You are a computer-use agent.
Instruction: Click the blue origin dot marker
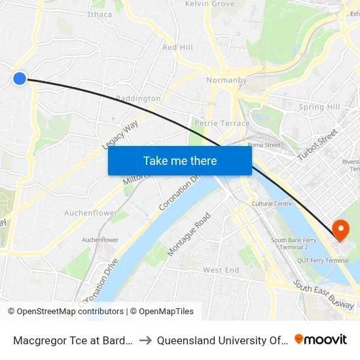click(x=20, y=79)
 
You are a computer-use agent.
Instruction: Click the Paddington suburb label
click(x=138, y=99)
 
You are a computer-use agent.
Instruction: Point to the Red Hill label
click(x=177, y=48)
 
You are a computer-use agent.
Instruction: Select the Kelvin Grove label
click(x=209, y=4)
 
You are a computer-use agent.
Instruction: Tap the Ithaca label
click(x=99, y=14)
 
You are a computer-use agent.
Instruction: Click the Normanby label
click(x=226, y=81)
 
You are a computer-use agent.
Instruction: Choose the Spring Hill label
click(x=319, y=107)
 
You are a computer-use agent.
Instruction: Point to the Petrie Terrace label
click(x=222, y=123)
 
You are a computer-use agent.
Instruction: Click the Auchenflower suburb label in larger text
click(x=91, y=213)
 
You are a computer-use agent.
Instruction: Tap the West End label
click(x=221, y=270)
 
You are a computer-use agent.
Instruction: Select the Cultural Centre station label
click(x=272, y=204)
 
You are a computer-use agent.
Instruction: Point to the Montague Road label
click(x=189, y=234)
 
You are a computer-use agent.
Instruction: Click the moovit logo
click(x=321, y=340)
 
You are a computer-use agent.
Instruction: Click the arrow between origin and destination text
click(x=145, y=340)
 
